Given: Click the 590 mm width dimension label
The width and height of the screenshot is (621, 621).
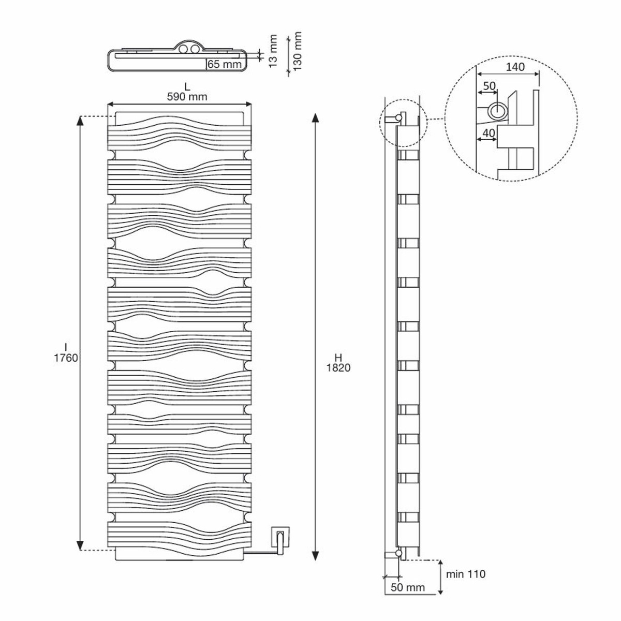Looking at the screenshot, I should tap(187, 97).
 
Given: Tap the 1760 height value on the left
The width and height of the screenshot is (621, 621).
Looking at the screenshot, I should tap(66, 358).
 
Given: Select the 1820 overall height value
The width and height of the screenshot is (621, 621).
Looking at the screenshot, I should tap(338, 368).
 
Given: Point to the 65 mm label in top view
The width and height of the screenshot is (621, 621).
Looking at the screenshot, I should tap(225, 64).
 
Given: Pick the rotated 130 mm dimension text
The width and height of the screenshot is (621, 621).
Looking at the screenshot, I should tap(297, 51).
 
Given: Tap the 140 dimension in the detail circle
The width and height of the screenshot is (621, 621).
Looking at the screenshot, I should tap(515, 67).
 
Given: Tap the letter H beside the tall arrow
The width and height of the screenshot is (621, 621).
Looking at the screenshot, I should tap(338, 358).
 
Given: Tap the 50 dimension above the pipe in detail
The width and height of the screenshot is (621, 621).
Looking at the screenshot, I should tap(489, 85).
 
